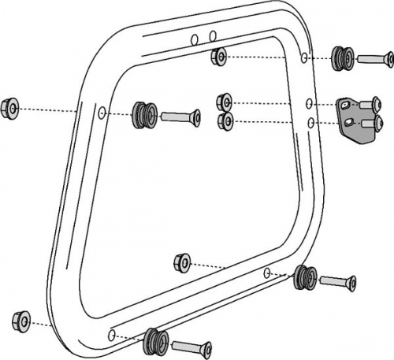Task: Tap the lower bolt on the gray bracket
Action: pyautogui.click(x=376, y=123)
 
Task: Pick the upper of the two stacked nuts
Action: pyautogui.click(x=225, y=102)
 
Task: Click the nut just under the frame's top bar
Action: pyautogui.click(x=220, y=57)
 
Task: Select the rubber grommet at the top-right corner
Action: pyautogui.click(x=341, y=58)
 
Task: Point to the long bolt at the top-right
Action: pyautogui.click(x=375, y=58)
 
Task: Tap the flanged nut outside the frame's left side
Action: pyautogui.click(x=11, y=106)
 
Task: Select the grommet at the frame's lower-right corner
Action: pyautogui.click(x=303, y=276)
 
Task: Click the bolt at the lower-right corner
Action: pyautogui.click(x=337, y=280)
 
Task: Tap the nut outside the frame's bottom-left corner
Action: pyautogui.click(x=21, y=321)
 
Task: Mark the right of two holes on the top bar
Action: pyautogui.click(x=214, y=35)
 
